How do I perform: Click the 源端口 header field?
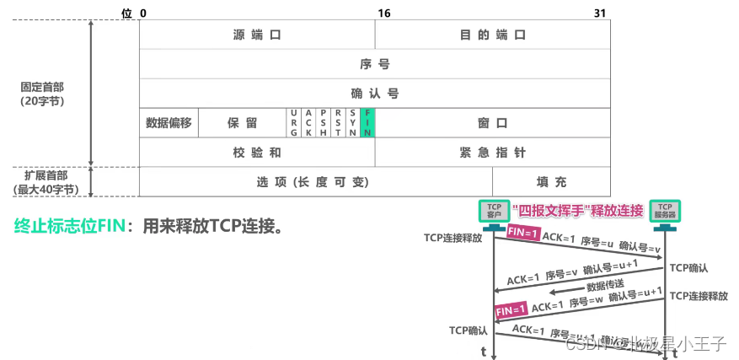point(256,35)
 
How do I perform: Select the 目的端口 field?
point(492,35)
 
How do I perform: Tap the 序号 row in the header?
point(374,64)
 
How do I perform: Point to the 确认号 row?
point(374,94)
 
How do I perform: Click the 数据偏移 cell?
point(169,123)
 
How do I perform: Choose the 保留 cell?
point(242,123)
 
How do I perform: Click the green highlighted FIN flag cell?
point(367,123)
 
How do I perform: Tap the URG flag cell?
point(294,123)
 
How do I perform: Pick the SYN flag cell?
point(352,123)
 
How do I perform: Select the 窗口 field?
point(492,123)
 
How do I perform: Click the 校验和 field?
point(256,153)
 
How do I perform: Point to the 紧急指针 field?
point(492,153)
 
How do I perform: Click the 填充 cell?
point(551,182)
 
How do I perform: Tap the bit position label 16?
point(384,13)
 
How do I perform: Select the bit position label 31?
point(599,13)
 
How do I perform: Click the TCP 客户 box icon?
point(494,211)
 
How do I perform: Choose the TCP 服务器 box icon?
point(665,211)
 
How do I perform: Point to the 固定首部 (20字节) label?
point(43,94)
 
